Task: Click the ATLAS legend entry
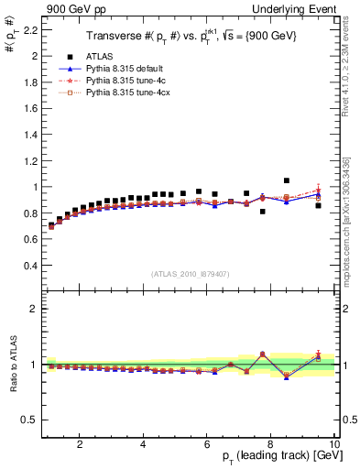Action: [102, 55]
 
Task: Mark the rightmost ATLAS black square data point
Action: [318, 205]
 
